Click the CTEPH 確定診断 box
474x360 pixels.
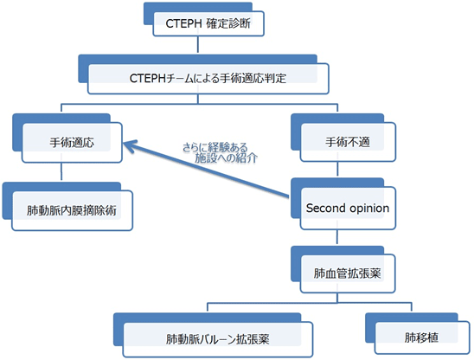[208, 23]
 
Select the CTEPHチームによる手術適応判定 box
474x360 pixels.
[208, 79]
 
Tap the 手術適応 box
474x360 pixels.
[72, 142]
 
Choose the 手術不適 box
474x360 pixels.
[348, 142]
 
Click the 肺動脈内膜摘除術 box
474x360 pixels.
[72, 210]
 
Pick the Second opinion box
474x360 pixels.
[348, 209]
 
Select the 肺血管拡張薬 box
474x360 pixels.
[348, 273]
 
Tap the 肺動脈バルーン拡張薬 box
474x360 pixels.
[218, 339]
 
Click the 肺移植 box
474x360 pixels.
[422, 337]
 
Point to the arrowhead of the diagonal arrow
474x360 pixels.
[125, 143]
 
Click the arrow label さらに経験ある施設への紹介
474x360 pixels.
[220, 153]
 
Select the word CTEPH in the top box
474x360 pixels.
[183, 23]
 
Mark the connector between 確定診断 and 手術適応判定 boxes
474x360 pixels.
[198, 44]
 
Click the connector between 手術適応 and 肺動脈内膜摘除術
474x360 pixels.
[61, 171]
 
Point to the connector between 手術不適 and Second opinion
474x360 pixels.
[337, 169]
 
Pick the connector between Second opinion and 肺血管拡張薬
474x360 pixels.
[337, 237]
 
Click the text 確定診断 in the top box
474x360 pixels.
[229, 23]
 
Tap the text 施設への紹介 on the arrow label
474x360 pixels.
[227, 158]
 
